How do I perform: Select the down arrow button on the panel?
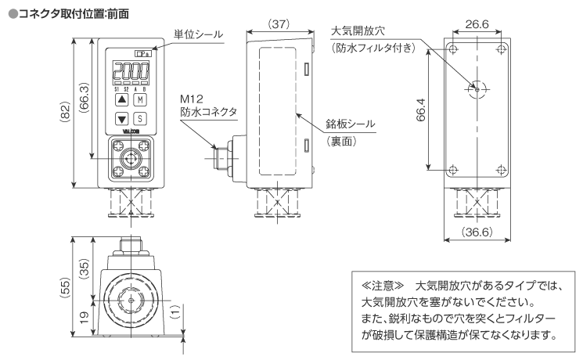coord(121,120)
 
